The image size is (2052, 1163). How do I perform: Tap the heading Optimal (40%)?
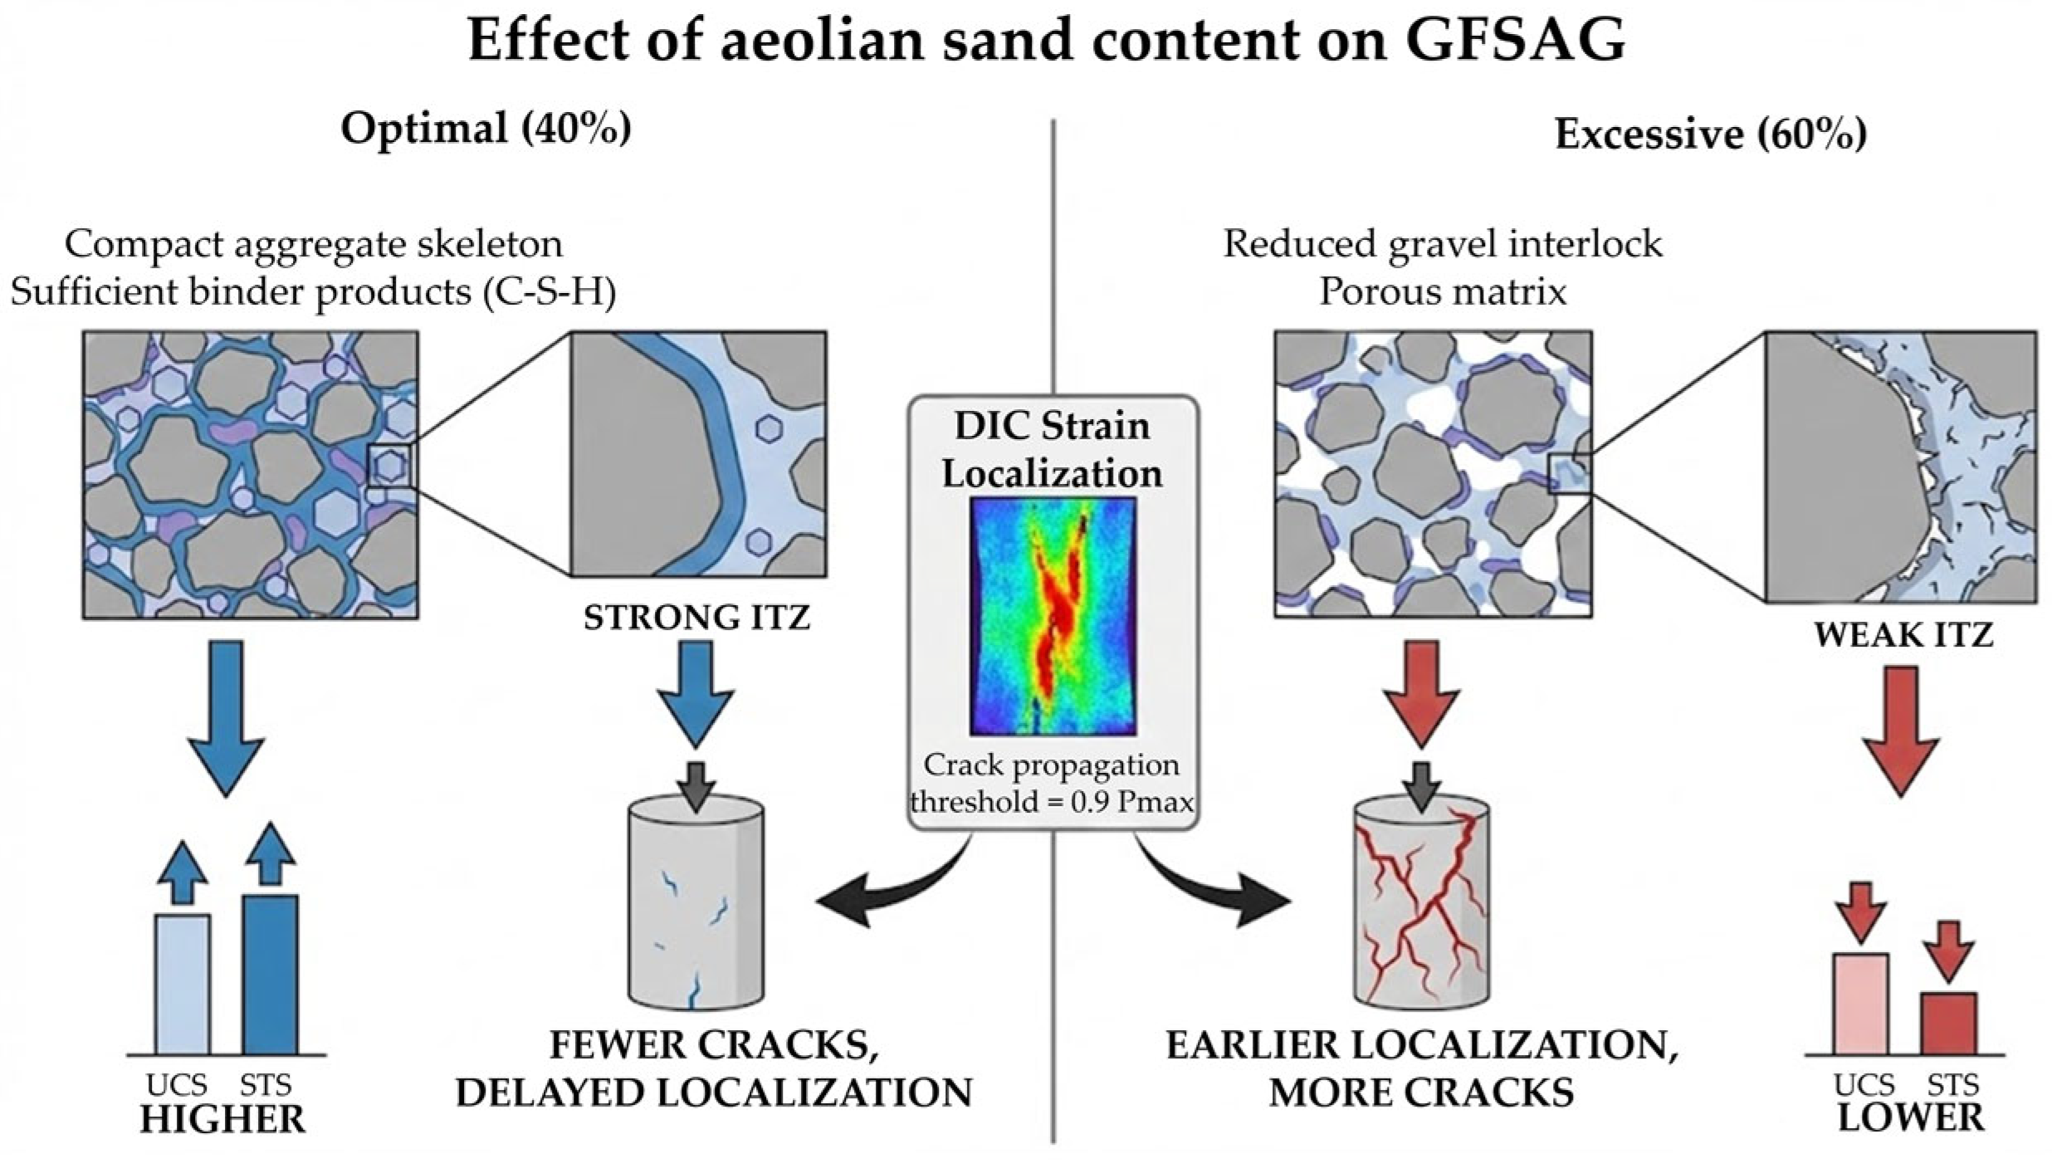pos(486,129)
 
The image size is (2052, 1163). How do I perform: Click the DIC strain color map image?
pos(1052,616)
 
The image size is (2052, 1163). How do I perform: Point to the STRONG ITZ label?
pos(696,618)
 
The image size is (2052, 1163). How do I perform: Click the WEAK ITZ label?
pos(1903,635)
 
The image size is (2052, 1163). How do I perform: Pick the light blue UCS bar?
pos(183,984)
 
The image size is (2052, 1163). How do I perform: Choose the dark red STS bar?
pos(1948,1023)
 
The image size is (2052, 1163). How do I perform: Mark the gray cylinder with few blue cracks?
pos(696,905)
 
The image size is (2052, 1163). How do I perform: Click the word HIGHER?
pos(222,1120)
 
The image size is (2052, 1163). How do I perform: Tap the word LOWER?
pos(1909,1118)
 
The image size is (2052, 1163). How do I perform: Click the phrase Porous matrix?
pos(1443,292)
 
